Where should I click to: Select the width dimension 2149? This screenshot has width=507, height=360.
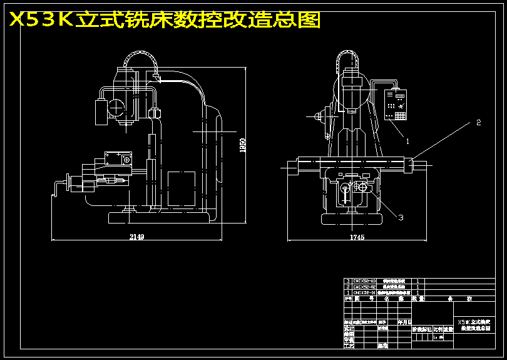[x=136, y=237]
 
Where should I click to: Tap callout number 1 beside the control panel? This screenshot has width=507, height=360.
[x=407, y=141]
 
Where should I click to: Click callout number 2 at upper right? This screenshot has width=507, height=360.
[x=478, y=122]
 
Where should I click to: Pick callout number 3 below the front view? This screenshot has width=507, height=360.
[x=401, y=217]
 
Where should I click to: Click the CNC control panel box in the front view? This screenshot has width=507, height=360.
[x=395, y=105]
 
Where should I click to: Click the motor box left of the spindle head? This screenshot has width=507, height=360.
[x=100, y=113]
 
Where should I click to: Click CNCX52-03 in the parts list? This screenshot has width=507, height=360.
[x=365, y=281]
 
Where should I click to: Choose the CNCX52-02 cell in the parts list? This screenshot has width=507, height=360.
[x=365, y=287]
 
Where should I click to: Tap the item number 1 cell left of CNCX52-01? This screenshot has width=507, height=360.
[x=348, y=292]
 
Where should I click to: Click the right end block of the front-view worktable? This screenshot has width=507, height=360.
[x=409, y=165]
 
